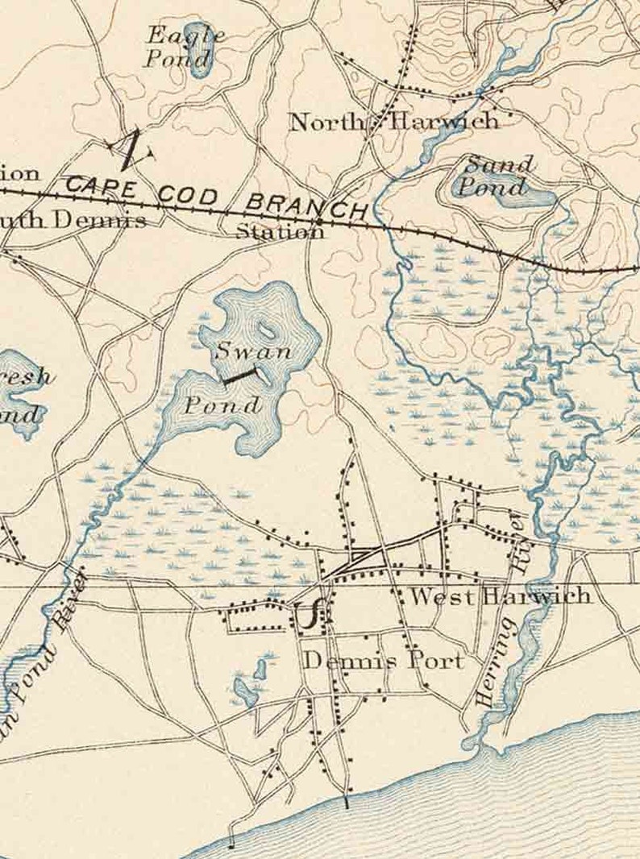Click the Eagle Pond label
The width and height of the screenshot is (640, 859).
184,46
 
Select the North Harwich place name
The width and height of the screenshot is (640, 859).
393,122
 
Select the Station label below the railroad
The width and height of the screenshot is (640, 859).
280,232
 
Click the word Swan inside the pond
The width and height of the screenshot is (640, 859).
242,351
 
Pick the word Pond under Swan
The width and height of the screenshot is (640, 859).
222,405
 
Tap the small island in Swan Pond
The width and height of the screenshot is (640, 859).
265,330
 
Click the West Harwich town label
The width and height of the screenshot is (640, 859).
500,596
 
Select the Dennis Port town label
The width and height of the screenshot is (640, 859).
384,661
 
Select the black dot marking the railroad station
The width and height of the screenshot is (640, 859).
319,220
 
